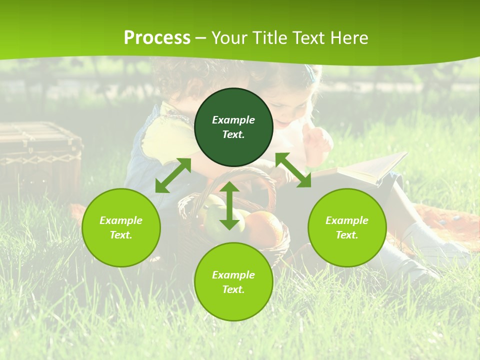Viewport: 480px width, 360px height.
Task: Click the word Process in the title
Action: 157,38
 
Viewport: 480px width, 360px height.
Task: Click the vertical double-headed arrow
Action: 229,205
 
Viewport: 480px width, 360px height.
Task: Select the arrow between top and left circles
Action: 173,175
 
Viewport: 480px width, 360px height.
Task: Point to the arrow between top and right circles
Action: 293,170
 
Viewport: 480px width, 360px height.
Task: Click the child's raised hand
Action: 319,142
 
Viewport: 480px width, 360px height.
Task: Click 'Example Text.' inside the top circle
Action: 233,127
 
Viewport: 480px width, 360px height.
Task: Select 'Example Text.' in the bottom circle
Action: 233,282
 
